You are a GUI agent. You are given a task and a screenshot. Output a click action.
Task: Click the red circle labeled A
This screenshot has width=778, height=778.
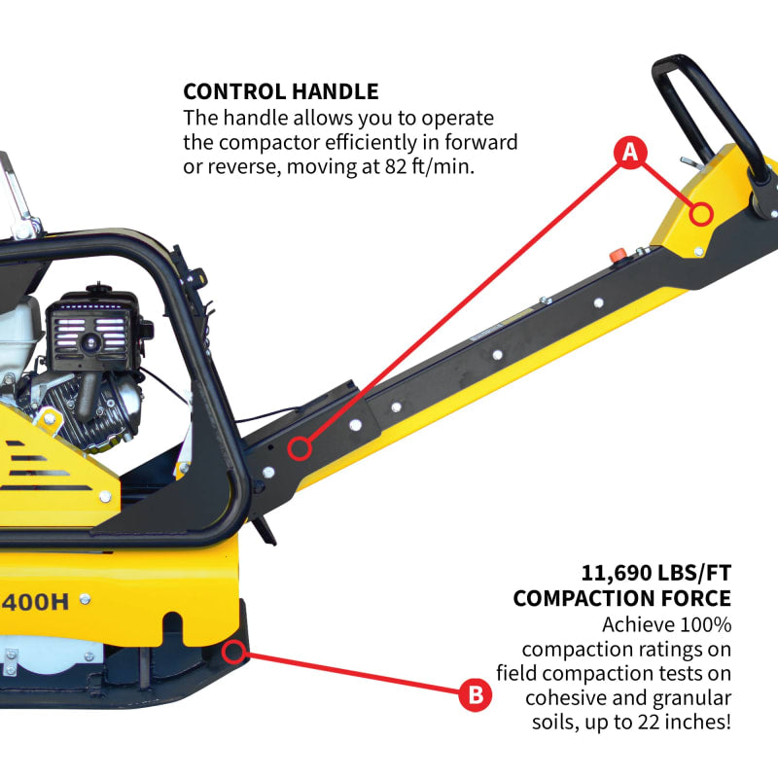[629, 153]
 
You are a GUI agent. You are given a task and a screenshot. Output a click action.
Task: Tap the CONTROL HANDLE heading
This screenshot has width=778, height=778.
[281, 93]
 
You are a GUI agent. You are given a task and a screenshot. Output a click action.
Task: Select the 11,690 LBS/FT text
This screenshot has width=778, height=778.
[656, 571]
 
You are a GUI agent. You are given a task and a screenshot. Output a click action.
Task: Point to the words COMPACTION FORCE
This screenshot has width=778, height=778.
[622, 597]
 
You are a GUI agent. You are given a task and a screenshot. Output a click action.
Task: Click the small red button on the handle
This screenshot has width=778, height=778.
[615, 256]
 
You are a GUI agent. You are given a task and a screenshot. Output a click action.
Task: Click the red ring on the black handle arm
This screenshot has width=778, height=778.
[301, 448]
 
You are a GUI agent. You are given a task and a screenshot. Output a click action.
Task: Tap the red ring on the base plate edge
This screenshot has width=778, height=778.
[233, 651]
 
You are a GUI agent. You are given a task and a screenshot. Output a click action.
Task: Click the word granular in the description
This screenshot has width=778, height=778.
[696, 698]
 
